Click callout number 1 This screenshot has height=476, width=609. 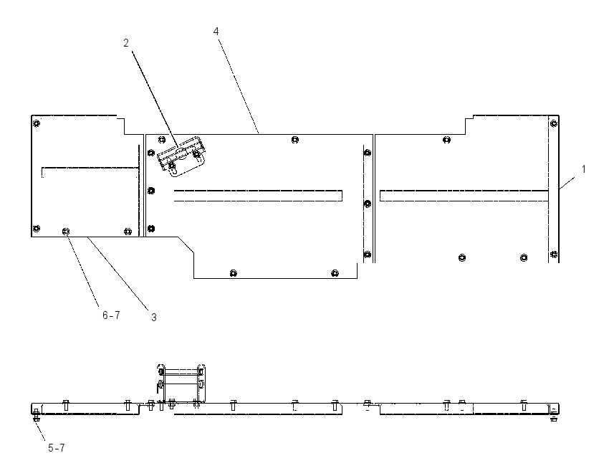(x=583, y=169)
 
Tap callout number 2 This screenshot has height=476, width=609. (x=126, y=43)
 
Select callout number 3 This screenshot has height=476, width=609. (x=154, y=318)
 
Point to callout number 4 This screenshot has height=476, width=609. (x=216, y=31)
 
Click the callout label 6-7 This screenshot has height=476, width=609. (x=111, y=315)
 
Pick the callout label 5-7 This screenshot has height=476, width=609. (x=57, y=448)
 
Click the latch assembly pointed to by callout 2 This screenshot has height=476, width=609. (x=181, y=156)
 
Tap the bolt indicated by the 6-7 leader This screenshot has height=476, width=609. (x=66, y=232)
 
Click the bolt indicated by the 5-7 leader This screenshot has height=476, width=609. (x=36, y=415)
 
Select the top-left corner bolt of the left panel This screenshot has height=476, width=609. (x=36, y=123)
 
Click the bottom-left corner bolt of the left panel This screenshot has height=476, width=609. (x=36, y=228)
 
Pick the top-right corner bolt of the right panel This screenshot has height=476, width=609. (x=554, y=123)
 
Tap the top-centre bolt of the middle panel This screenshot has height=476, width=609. (x=295, y=140)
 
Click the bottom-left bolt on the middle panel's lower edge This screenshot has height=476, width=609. (x=233, y=273)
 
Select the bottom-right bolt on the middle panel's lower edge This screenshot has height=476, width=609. (x=335, y=273)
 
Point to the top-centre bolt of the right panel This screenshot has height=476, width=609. (x=446, y=140)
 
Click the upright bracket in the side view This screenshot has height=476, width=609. (x=182, y=385)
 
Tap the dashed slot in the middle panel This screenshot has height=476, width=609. (x=258, y=196)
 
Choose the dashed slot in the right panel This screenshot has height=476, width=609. (x=464, y=196)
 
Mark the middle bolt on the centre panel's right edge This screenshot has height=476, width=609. (x=367, y=204)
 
